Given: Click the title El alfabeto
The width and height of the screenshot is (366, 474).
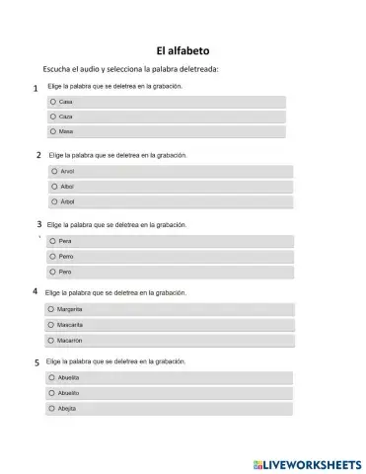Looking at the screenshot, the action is coord(183,49).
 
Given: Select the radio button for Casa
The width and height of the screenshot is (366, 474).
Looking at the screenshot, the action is coord(52,102).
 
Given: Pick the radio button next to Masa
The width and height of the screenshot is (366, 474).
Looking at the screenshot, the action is coord(52,131).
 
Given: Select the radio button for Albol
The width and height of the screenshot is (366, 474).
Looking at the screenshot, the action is coord(53,186).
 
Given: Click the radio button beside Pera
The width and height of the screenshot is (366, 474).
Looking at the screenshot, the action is coord(52,240).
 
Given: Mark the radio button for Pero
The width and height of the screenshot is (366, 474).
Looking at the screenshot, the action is coord(52,271).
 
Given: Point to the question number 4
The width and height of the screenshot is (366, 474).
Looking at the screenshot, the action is coord(36,292).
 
